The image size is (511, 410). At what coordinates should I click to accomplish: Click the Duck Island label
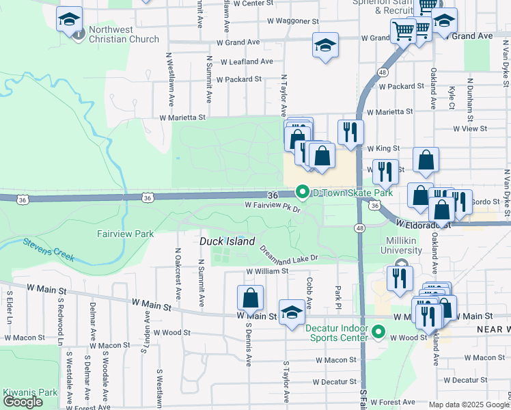click(227, 242)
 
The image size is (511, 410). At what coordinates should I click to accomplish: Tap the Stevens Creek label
click(48, 249)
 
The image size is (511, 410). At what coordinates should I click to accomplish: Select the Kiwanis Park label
click(29, 392)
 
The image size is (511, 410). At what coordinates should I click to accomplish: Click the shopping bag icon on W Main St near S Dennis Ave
click(250, 298)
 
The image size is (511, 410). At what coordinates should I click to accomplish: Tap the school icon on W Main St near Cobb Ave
click(292, 312)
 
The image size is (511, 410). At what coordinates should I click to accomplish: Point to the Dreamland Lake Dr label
click(288, 254)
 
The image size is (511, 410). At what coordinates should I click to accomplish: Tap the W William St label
click(267, 271)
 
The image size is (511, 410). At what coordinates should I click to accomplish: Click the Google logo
click(23, 402)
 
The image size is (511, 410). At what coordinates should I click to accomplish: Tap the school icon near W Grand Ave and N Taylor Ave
click(325, 46)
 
